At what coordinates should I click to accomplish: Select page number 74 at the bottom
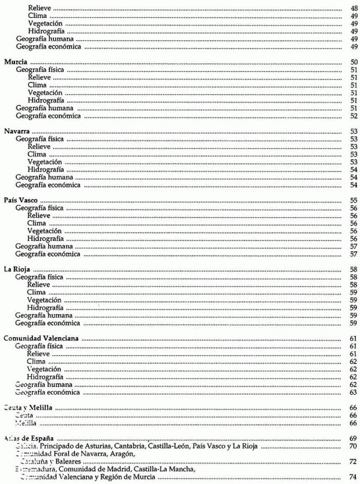[x=354, y=477]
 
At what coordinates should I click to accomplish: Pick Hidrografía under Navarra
[x=46, y=170]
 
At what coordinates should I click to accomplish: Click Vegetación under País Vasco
[x=45, y=231]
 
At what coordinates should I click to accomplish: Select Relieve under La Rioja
[x=39, y=285]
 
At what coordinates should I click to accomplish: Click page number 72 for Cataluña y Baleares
[x=354, y=462]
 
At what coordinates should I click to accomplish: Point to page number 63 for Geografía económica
[x=354, y=392]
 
